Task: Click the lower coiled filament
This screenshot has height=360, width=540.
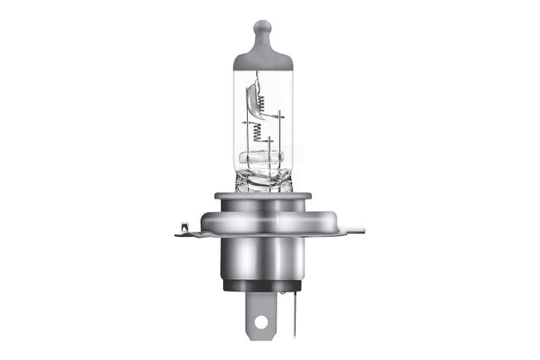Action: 257,132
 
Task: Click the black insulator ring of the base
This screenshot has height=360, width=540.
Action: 263,285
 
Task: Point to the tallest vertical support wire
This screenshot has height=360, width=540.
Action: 279,138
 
